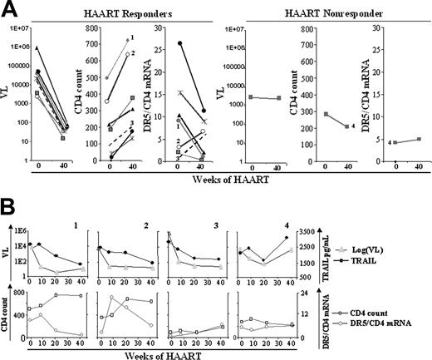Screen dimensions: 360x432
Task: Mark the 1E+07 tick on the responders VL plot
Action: (22, 30)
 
